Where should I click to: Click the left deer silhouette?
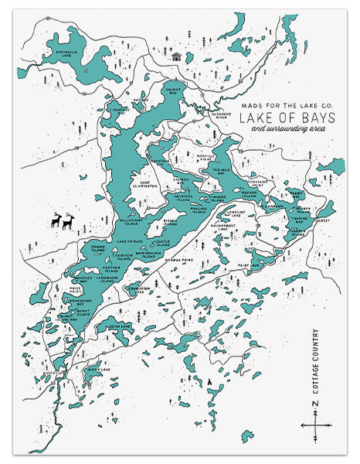tap(56, 222)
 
